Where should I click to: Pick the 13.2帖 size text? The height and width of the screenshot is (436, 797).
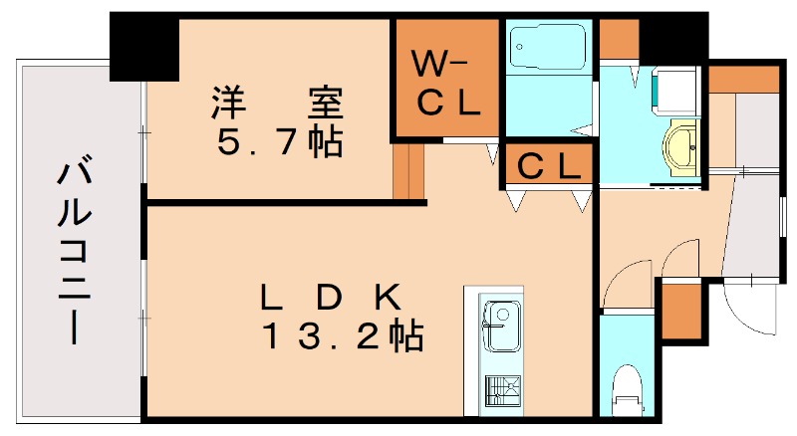343,336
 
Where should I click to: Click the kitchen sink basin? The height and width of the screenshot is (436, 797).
500,328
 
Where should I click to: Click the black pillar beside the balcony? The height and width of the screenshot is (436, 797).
142,45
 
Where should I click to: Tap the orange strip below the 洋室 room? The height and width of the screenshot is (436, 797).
402,169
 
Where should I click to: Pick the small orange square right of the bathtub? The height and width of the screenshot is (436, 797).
619,38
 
